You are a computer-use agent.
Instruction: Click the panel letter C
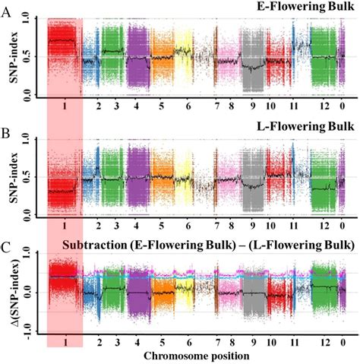[x=7, y=249]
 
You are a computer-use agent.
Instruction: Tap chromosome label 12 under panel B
[x=325, y=226]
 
